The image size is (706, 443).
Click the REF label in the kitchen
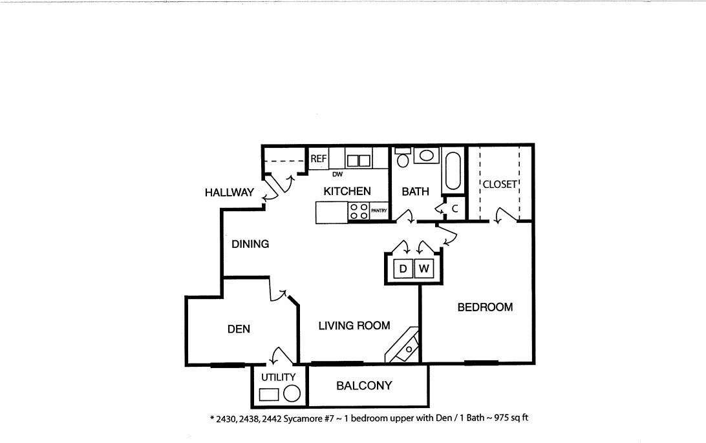(318, 159)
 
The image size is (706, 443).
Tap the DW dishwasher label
(337, 174)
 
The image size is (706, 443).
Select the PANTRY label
(379, 211)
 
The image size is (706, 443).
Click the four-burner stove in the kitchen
(359, 211)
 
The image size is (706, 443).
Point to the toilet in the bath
(403, 157)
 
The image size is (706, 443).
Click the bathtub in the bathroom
(453, 171)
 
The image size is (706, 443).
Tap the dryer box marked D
(403, 269)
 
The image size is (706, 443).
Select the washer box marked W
(423, 269)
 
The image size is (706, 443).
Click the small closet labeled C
(455, 209)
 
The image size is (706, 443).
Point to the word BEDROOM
(485, 307)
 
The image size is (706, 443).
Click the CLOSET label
(500, 185)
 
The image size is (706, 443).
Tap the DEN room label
(239, 329)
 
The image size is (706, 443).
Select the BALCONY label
(364, 386)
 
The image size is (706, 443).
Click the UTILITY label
(278, 377)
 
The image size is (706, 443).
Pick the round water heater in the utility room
(292, 393)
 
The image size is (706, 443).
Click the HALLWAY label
(229, 192)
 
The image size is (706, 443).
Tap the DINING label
(250, 243)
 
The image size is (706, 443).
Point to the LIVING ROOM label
(354, 325)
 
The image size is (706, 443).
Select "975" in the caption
(501, 417)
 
